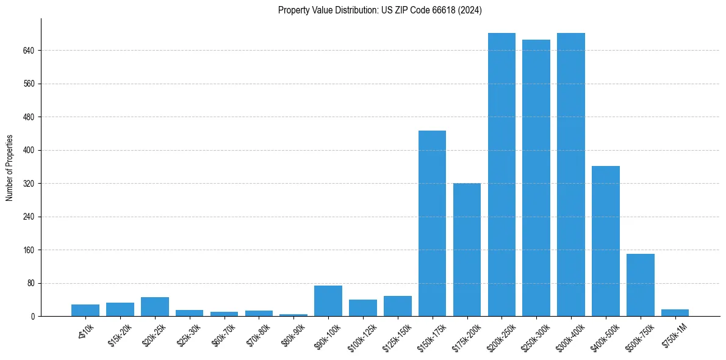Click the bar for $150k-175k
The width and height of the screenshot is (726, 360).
[432, 223]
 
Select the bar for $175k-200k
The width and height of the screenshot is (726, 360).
[467, 250]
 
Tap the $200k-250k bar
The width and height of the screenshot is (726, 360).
[501, 175]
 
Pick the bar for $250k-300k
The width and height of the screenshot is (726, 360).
[536, 178]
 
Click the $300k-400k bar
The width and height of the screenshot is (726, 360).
[571, 175]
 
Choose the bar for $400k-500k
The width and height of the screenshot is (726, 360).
[606, 241]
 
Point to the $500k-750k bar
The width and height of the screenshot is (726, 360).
[641, 285]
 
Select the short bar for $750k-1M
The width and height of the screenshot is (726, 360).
[675, 313]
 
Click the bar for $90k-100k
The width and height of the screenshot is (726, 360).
[328, 301]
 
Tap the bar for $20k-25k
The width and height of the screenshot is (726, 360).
[155, 307]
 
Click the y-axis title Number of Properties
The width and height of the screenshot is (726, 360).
[9, 168]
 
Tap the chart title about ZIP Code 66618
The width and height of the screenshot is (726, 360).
[380, 10]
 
